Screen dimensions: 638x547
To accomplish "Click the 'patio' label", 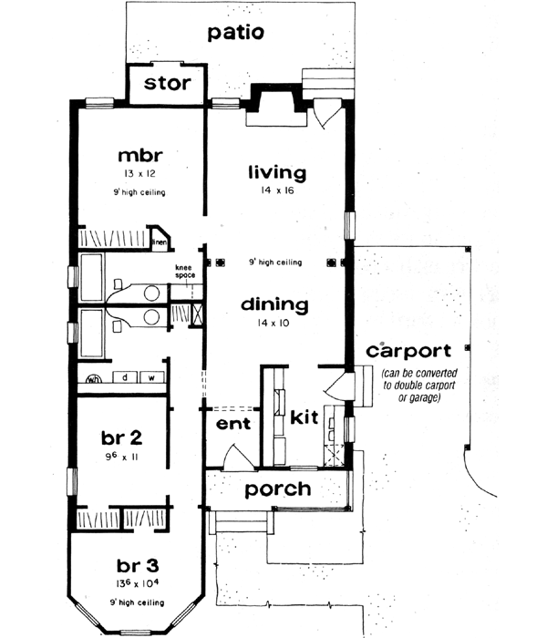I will tap(235, 34).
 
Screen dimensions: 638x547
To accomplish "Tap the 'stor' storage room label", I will tap(168, 84).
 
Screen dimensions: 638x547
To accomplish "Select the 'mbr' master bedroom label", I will tap(133, 154).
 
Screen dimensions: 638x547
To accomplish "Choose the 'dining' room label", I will tap(275, 304).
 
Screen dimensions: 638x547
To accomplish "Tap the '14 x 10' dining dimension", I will tap(275, 324).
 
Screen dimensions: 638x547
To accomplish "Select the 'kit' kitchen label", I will tap(304, 417).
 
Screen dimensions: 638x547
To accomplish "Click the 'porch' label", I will tap(278, 489).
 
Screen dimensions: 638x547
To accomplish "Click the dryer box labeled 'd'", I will tap(123, 376).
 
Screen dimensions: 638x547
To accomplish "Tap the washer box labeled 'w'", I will tap(152, 376).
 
